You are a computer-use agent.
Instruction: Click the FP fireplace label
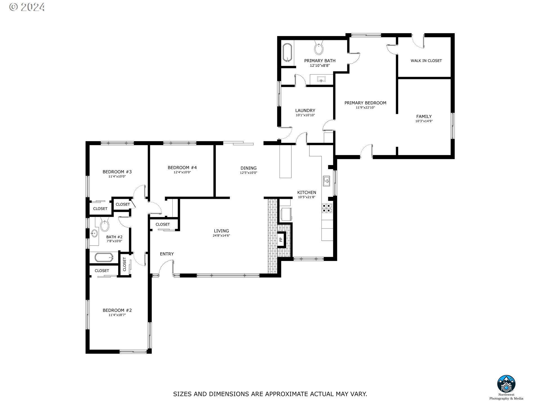tap(281, 240)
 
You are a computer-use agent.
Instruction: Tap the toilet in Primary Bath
tap(319, 48)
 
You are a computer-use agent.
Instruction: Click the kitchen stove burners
tap(327, 208)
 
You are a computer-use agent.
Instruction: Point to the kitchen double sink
tap(327, 181)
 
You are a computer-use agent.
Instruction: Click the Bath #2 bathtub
tap(104, 257)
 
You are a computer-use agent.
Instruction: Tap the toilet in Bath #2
tap(105, 225)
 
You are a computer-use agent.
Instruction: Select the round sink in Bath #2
tap(94, 233)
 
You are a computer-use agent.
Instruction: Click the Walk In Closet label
tap(426, 61)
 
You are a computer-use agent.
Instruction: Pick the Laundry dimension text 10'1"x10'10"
tap(305, 115)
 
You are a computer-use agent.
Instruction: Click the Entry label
tap(167, 254)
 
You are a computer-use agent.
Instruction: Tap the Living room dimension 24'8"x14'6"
tap(221, 236)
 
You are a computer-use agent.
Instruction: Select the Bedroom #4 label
tap(182, 168)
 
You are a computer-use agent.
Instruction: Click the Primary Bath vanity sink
tap(321, 79)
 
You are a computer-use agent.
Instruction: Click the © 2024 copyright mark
tap(27, 7)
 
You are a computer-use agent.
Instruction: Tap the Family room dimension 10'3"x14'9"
tap(424, 121)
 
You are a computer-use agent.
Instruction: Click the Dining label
tap(249, 168)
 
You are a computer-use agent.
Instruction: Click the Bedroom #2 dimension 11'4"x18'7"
tap(117, 315)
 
